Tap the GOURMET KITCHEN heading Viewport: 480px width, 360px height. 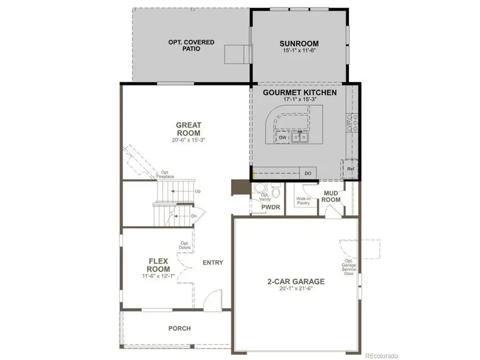click(x=300, y=92)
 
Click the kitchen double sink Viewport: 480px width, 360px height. click(x=300, y=138)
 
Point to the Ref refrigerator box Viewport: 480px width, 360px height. click(x=350, y=169)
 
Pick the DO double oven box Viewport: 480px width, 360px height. click(x=308, y=173)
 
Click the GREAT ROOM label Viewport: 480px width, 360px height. click(x=188, y=129)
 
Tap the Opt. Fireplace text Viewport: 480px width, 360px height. click(x=165, y=175)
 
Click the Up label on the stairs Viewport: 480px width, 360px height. click(x=197, y=190)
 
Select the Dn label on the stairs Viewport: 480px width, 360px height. click(x=194, y=216)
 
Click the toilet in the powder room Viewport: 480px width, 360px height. click(x=275, y=190)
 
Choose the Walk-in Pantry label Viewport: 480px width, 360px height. click(x=303, y=201)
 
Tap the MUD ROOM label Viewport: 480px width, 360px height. click(x=332, y=196)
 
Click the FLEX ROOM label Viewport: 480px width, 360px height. click(x=158, y=265)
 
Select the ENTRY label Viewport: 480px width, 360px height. click(x=213, y=262)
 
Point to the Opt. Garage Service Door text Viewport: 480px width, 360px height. click(x=349, y=267)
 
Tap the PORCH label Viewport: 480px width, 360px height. click(x=179, y=329)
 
